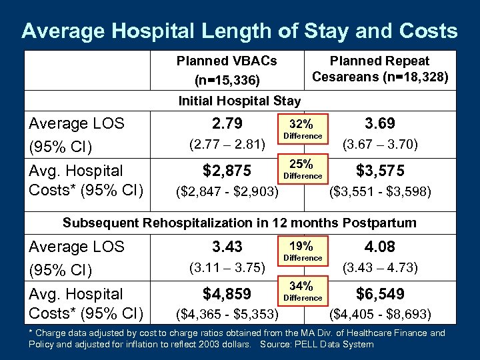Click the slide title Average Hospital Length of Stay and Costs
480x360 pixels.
tap(239, 31)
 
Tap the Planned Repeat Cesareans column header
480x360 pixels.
tap(380, 69)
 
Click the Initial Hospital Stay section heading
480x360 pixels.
tap(239, 101)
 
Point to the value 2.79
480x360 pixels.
tap(227, 124)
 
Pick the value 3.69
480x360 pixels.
tap(380, 124)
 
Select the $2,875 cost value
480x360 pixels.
tap(227, 171)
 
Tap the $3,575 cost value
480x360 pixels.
tap(380, 171)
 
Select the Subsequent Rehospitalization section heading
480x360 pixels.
tap(239, 223)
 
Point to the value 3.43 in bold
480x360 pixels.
tap(227, 247)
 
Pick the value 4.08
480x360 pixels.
tap(380, 247)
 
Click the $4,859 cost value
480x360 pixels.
tap(227, 294)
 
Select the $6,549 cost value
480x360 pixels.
tap(380, 294)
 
